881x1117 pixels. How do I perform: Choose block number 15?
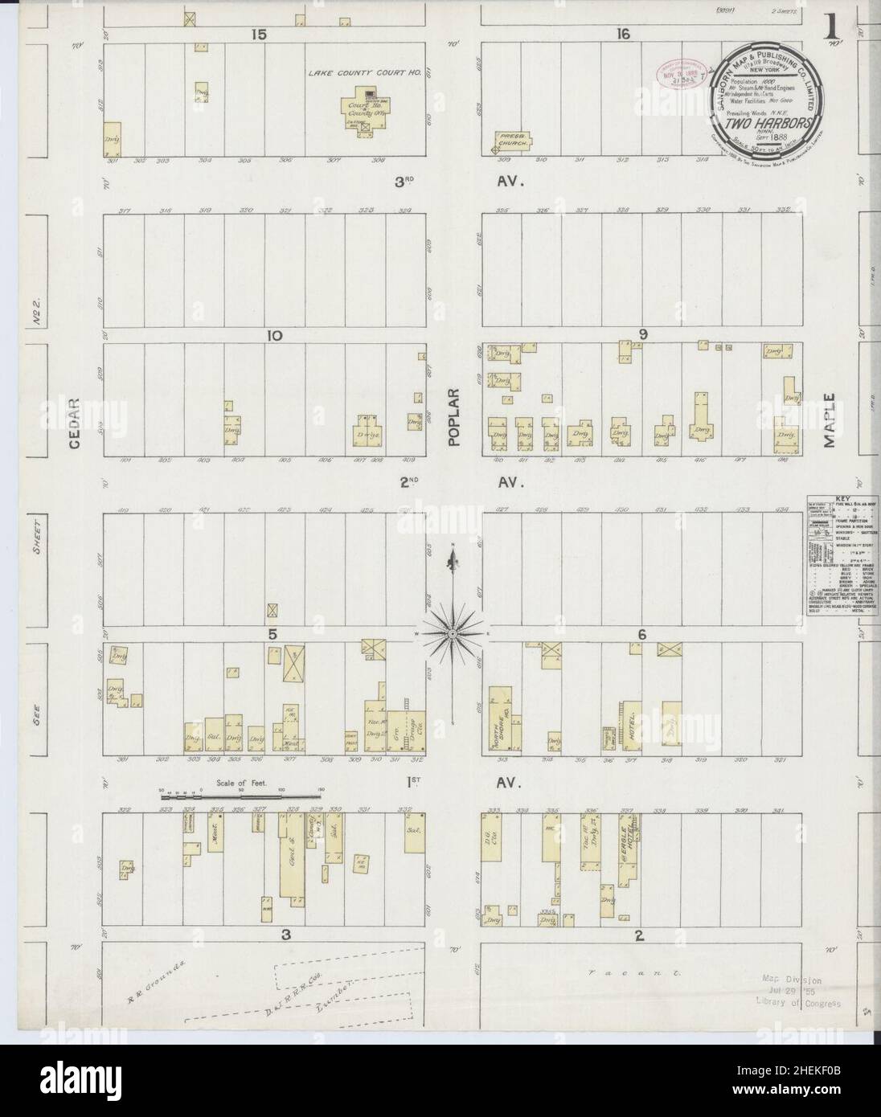point(257,34)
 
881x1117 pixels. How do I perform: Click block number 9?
point(642,335)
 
